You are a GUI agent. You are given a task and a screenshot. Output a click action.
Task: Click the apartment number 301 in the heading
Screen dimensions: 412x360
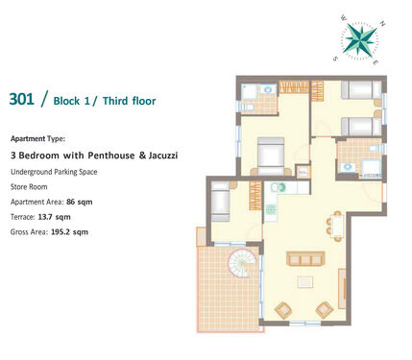pos(21,99)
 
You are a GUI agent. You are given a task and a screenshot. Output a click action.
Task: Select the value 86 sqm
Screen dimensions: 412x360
pos(80,202)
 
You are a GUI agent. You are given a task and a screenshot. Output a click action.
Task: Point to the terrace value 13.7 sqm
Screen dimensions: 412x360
pos(54,217)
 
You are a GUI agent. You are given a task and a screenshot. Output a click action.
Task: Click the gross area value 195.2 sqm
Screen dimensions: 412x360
pos(69,232)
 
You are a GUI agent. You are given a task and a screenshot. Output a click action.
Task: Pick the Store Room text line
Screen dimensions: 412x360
pos(29,187)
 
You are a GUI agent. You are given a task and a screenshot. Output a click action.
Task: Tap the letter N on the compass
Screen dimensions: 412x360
pos(382,23)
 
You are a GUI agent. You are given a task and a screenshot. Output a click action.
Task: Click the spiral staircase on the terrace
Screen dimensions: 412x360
pos(242,263)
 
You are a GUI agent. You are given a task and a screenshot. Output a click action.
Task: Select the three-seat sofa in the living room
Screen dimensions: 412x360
pos(305,258)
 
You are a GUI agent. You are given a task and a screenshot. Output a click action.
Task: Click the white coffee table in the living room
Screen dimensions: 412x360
pos(305,282)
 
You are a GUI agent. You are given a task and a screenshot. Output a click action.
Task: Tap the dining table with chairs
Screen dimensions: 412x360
pos(336,226)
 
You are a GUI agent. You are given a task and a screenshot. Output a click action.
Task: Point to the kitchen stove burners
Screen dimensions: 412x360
pos(270,209)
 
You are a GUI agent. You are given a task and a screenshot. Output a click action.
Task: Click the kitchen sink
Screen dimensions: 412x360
pos(279,187)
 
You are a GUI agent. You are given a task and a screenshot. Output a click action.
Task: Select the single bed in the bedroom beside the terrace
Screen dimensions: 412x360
pos(220,202)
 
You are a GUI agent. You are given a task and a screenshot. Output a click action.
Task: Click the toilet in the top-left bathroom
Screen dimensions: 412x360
pos(248,107)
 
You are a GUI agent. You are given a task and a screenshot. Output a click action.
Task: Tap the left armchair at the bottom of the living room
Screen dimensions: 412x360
pos(283,310)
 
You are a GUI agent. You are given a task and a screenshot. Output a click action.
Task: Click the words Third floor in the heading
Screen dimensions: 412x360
pos(129,101)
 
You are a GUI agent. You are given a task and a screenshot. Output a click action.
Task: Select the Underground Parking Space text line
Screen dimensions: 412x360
pos(54,172)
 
